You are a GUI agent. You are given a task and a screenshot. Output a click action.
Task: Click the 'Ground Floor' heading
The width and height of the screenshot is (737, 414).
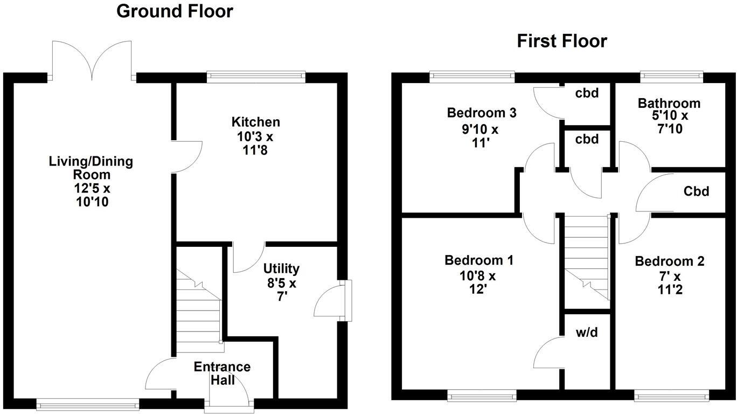click(175, 11)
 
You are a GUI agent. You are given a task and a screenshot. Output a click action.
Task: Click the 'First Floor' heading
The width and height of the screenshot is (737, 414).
click(561, 41)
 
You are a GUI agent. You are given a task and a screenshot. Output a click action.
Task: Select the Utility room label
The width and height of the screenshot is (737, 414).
click(281, 268)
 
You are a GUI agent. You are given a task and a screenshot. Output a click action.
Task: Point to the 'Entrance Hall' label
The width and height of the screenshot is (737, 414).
click(222, 374)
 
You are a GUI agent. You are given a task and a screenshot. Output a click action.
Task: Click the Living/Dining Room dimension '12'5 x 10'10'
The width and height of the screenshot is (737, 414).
click(92, 196)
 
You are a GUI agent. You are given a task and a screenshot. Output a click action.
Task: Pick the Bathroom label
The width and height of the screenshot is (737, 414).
click(669, 103)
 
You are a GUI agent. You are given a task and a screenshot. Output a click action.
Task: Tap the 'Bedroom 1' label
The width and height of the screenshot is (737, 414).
click(478, 261)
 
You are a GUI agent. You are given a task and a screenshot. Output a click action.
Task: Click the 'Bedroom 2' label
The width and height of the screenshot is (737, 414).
click(669, 262)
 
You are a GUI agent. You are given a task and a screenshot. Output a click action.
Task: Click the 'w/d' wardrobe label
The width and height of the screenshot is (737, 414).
click(587, 333)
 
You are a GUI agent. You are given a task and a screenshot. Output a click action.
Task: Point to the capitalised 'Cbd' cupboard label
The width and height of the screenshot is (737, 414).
click(696, 191)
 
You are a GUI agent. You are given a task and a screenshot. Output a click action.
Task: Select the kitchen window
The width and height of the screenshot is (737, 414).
click(256, 77)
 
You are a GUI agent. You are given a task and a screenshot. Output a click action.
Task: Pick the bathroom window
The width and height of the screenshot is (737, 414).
click(671, 77)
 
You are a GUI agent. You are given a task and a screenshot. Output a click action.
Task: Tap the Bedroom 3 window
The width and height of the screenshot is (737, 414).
click(472, 77)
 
